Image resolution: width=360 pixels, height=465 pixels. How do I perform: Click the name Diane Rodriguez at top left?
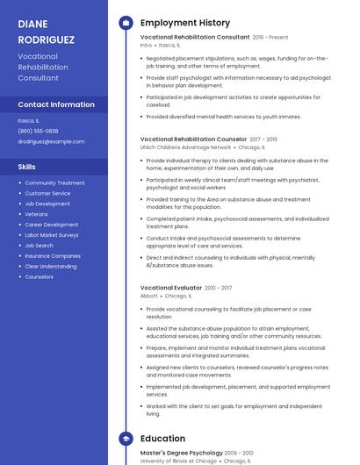(46, 32)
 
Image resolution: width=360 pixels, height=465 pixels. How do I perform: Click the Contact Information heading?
(56, 104)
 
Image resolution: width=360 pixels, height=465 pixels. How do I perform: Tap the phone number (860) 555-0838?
(38, 131)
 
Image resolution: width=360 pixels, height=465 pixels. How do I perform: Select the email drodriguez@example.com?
(51, 141)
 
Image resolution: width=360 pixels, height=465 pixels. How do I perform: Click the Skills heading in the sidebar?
(27, 166)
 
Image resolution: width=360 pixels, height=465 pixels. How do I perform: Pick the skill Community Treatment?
(54, 182)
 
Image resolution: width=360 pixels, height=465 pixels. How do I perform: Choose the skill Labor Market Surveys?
(51, 235)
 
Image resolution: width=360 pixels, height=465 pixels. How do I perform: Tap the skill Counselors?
(39, 276)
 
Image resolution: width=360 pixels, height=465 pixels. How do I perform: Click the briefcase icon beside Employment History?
(126, 23)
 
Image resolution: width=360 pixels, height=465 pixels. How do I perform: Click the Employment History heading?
(185, 23)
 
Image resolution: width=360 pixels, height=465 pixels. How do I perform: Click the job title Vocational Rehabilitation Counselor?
(193, 139)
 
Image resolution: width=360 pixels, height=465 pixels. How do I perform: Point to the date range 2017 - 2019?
(263, 139)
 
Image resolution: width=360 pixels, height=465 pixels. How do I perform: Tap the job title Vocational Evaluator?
(170, 288)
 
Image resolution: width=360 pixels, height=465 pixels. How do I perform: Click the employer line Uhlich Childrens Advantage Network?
(185, 147)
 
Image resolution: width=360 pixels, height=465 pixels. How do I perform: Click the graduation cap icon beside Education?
(126, 439)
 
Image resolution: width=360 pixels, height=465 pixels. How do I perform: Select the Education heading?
(162, 439)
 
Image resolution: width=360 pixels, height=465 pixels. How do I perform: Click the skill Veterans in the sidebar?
(36, 214)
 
